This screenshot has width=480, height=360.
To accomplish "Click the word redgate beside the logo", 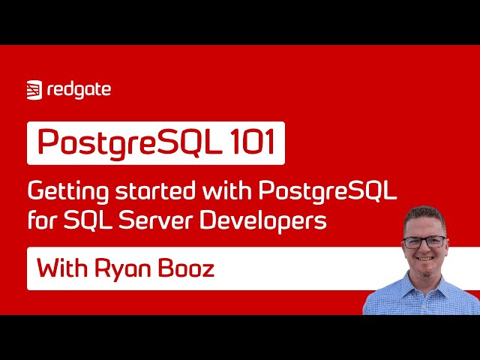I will tap(79, 90).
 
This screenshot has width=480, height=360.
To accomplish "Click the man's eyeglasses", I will tap(425, 242).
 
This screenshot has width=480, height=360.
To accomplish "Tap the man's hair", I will tap(424, 215).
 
